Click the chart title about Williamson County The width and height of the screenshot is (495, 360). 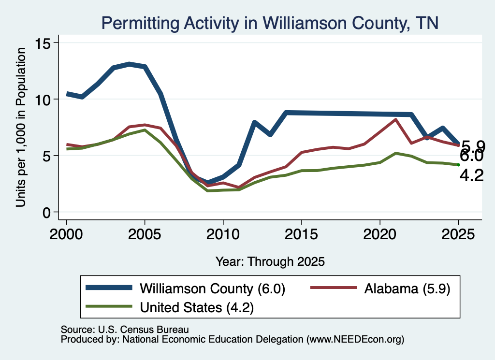[270, 23]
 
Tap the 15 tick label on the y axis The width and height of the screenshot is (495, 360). [43, 43]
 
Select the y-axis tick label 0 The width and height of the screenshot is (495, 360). [46, 213]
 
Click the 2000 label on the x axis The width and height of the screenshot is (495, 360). [66, 234]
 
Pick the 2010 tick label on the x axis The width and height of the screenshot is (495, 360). [223, 234]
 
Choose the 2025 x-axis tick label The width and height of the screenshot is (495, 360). [458, 234]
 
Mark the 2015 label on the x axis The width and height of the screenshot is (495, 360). [302, 234]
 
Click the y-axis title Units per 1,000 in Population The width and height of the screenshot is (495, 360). [21, 127]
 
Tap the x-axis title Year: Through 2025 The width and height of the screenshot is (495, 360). [270, 261]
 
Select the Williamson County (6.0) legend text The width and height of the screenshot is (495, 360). [213, 288]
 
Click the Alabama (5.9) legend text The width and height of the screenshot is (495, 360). [407, 288]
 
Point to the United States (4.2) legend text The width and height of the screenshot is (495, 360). [197, 307]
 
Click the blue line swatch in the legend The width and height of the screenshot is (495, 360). [109, 288]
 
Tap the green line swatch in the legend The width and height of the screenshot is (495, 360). [109, 306]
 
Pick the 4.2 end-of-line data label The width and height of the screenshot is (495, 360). [472, 175]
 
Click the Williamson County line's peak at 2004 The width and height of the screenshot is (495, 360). [129, 64]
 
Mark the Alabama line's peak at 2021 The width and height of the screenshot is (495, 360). [395, 119]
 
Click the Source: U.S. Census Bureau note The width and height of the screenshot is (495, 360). [125, 330]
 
